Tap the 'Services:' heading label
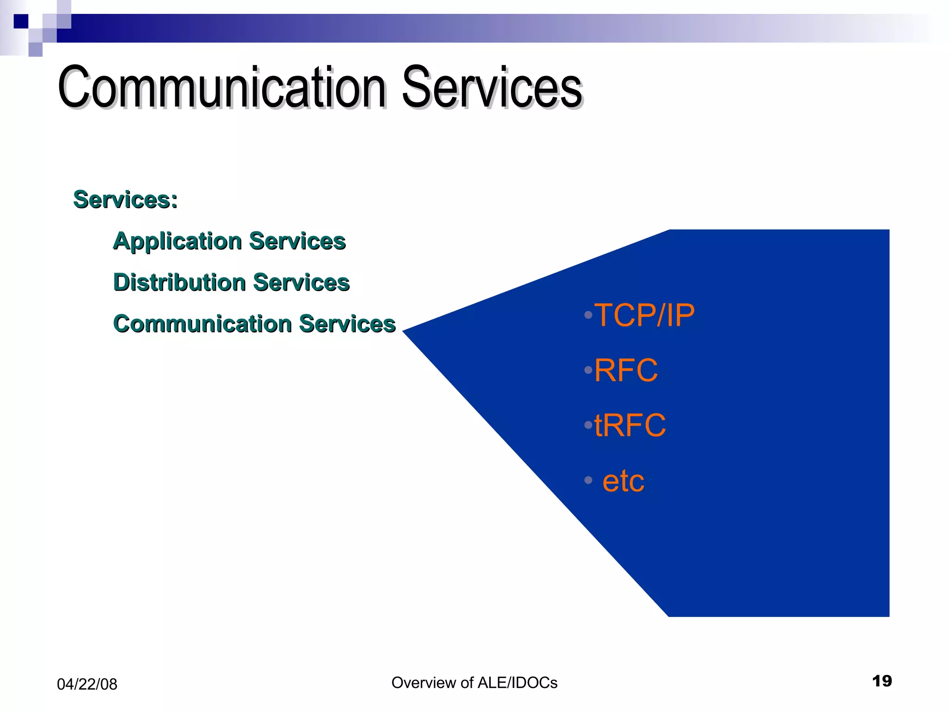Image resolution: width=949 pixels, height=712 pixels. point(125,200)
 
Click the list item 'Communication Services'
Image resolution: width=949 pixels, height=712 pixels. point(254,324)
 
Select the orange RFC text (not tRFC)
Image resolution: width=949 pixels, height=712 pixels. point(626,370)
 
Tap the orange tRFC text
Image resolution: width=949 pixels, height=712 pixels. point(630,425)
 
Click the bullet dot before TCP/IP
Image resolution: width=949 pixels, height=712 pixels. point(588,315)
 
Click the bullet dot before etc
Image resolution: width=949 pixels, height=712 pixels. point(588,480)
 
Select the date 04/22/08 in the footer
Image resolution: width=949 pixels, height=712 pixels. point(87,684)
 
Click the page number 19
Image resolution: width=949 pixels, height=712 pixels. point(881,681)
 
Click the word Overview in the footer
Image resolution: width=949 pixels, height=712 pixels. point(424,683)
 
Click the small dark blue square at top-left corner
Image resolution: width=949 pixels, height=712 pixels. point(21,21)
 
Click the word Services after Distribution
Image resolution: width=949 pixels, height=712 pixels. point(301,282)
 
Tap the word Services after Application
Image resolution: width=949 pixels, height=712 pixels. point(297,242)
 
